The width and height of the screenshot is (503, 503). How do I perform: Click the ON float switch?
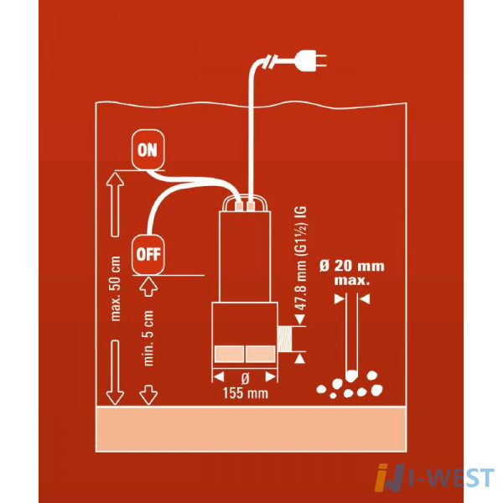148,149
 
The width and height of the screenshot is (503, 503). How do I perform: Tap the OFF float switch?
148,254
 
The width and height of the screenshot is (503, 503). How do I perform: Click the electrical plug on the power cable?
311,60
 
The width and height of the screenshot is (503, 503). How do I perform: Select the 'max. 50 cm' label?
115,288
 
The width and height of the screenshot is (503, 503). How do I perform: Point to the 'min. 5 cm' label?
148,338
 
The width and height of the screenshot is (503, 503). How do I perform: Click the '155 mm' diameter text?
246,393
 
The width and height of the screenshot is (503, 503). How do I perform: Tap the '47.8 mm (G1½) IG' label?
301,258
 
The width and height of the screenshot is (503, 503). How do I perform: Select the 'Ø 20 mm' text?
352,266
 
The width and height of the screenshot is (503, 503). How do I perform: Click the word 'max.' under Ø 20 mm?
352,280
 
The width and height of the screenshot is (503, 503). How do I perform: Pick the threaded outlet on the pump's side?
286,339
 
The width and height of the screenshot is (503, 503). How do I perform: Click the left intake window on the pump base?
229,354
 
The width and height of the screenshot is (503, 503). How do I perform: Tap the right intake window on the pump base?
261,354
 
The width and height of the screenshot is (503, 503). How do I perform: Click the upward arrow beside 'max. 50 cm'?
115,205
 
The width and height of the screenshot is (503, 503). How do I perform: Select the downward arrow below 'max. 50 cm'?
115,372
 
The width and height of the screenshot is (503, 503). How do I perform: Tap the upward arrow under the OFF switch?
148,287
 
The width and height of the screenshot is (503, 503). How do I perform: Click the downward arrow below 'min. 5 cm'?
148,395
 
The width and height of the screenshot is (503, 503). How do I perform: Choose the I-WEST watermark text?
452,478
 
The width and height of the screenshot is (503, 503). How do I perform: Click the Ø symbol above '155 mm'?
245,379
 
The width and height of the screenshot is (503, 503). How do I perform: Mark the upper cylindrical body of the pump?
245,257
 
